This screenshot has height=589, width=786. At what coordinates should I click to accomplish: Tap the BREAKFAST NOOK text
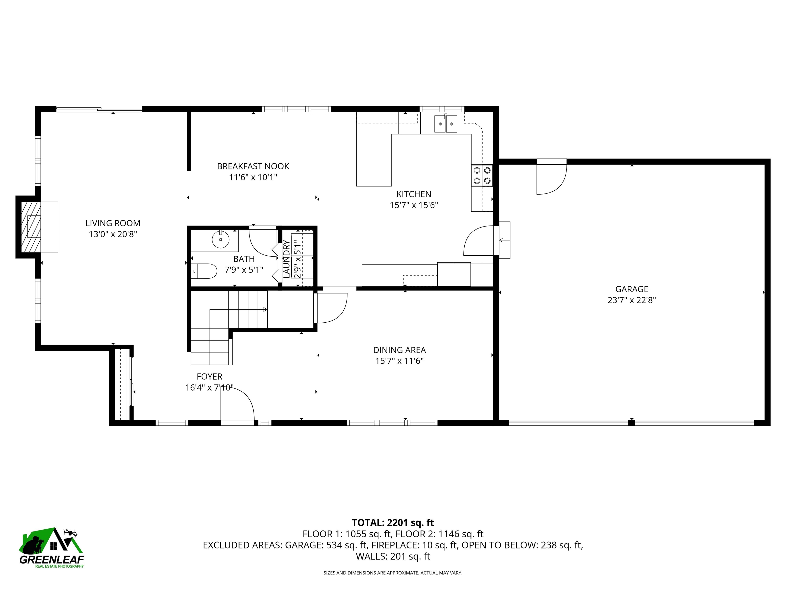(x=253, y=166)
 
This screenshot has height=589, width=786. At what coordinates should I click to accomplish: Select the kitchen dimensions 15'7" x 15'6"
(x=414, y=205)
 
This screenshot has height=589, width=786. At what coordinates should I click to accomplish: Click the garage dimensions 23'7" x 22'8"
(x=631, y=300)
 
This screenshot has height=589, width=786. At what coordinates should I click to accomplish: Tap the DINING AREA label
(x=399, y=350)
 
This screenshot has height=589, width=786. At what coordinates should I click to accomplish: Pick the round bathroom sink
(x=221, y=239)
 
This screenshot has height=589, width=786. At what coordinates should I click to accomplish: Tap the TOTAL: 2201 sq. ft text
(x=393, y=523)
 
